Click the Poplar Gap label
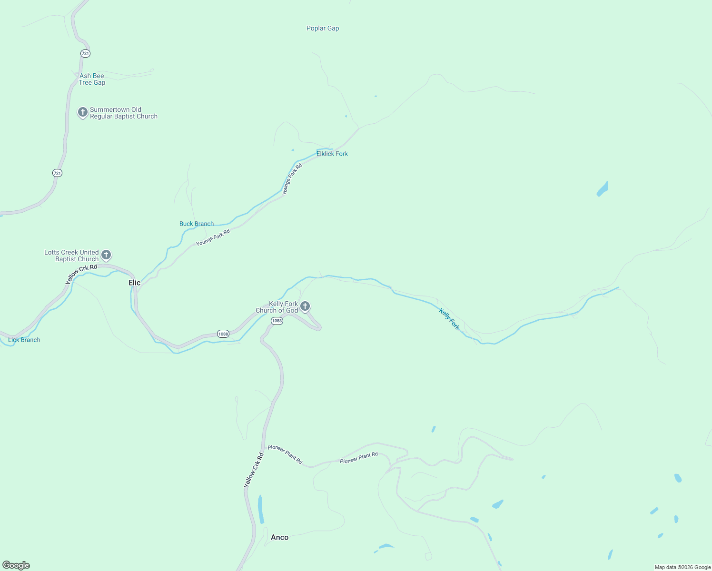(323, 29)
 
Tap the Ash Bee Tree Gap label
(92, 79)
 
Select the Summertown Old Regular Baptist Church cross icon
(83, 112)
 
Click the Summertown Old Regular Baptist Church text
(123, 113)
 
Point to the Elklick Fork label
(332, 154)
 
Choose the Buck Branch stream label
(197, 224)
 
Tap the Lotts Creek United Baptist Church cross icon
(106, 255)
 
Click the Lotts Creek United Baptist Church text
(72, 256)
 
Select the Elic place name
(135, 283)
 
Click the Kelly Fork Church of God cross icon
(306, 306)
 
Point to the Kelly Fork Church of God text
(277, 307)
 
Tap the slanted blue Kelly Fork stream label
(449, 319)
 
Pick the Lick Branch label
(24, 340)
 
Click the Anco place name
(279, 537)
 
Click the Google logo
(16, 565)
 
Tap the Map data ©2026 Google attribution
(682, 567)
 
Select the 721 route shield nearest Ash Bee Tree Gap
(85, 53)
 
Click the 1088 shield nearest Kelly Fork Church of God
(277, 321)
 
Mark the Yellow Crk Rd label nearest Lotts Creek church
(81, 275)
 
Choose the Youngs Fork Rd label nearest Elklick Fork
(292, 179)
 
